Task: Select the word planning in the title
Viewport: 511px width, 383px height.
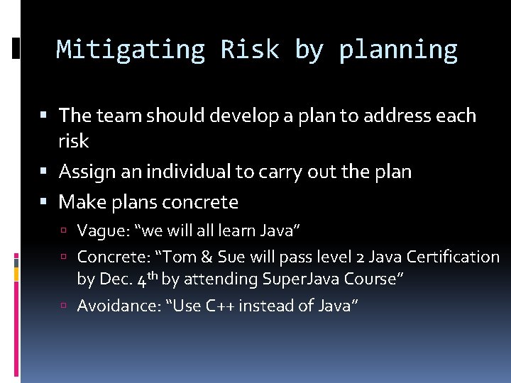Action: point(398,50)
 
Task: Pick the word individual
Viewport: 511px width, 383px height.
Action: point(191,172)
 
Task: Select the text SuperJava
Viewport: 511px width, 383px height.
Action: point(281,279)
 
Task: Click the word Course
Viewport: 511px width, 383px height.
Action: point(368,279)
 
